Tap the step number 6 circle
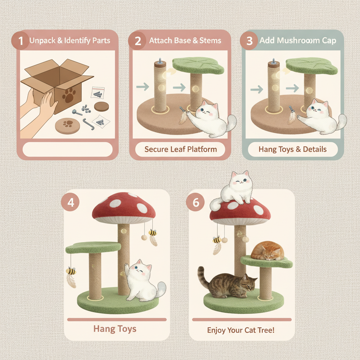(198, 203)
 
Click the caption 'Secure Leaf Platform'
(180, 149)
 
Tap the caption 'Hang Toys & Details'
(292, 149)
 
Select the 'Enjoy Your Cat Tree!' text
(241, 330)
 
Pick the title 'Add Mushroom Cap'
(297, 40)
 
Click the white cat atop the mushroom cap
(236, 188)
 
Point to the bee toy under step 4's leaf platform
(71, 271)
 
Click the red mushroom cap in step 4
(125, 209)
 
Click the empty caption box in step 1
(67, 149)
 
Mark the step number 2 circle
(137, 41)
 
